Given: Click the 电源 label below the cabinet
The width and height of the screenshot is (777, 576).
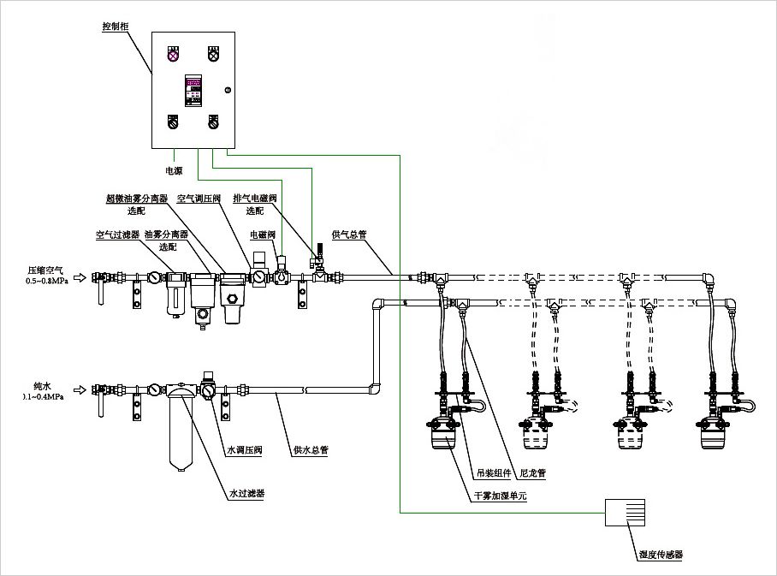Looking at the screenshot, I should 173,170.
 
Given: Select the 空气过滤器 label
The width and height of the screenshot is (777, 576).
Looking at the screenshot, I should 117,233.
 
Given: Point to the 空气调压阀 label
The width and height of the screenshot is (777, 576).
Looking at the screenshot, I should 199,198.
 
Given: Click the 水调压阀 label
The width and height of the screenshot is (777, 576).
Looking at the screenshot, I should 244,449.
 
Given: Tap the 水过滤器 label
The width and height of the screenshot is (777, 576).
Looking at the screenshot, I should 246,493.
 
